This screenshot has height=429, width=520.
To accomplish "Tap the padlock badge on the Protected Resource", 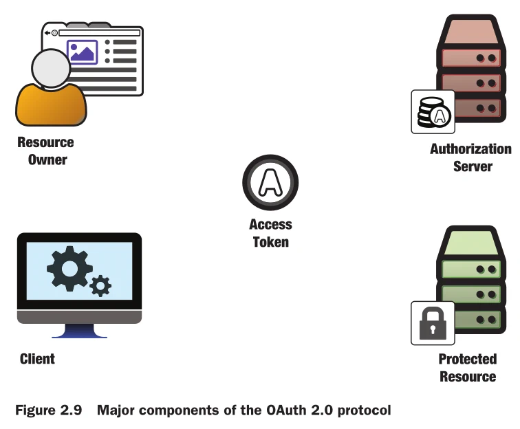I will (x=433, y=323).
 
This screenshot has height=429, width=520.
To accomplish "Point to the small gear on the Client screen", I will (x=100, y=285).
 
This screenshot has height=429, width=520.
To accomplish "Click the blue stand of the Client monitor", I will (x=79, y=331).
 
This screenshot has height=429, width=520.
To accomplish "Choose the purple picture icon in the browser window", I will (x=83, y=52).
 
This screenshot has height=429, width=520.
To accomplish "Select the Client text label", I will (x=37, y=359).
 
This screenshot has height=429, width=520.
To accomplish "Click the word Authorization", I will (x=471, y=148).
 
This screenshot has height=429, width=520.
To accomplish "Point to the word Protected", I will (x=467, y=359).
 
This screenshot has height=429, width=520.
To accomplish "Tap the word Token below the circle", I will (x=270, y=242).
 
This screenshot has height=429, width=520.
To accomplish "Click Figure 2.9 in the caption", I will (x=48, y=411).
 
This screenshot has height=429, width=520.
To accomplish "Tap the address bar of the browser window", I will (x=96, y=32).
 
